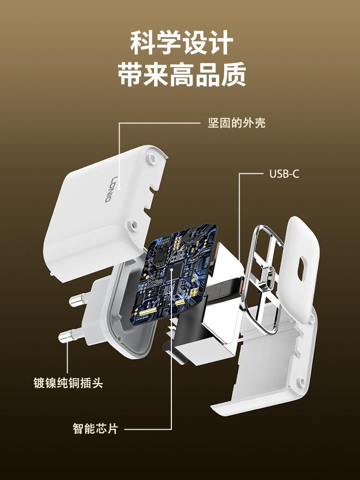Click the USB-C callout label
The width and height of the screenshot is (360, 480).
284,174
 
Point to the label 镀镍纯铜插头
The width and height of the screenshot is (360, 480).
68,383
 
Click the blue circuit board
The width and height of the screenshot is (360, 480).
180,274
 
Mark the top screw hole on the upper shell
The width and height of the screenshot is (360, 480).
152,157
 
